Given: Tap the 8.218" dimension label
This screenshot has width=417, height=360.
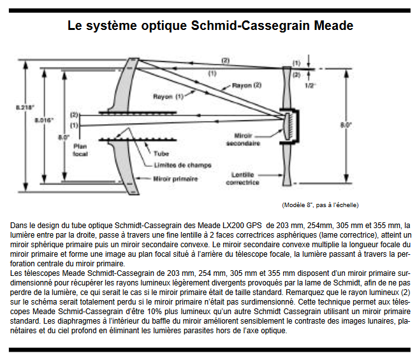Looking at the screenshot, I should (25, 108).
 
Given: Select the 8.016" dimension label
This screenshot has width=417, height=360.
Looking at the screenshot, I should (44, 119).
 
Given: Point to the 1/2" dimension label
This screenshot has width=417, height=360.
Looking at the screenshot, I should (311, 84).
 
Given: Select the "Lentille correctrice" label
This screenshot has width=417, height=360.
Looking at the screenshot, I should (244, 179).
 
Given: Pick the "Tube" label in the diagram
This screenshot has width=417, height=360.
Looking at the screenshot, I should (161, 153).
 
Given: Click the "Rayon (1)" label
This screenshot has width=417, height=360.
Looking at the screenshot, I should (168, 96).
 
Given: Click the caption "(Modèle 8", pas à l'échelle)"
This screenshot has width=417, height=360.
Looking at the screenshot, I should (319, 205).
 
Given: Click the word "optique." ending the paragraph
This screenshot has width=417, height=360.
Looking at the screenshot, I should (275, 331).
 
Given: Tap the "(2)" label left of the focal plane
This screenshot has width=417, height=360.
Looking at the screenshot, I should (74, 115).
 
